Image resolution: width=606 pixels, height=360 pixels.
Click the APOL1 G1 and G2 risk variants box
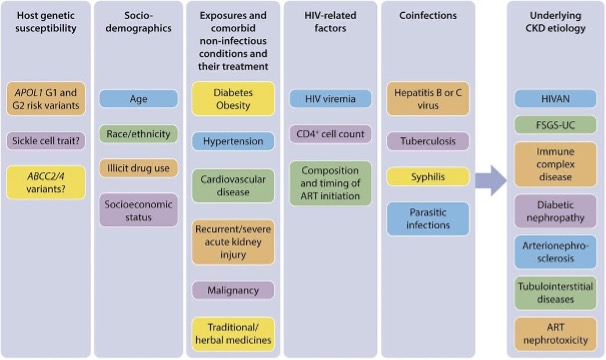46,99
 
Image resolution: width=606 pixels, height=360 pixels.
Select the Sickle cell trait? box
46,141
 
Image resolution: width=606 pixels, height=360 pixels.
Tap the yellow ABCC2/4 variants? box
46,183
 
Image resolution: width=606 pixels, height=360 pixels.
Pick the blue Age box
138,99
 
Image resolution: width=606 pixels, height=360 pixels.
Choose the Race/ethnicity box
138,134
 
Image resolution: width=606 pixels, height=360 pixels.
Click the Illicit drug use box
138,168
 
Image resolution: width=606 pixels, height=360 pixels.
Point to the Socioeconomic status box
138,210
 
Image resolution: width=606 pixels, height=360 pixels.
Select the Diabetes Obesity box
233,99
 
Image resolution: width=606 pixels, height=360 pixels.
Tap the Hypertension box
233,141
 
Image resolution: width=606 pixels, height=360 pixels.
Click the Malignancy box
233,290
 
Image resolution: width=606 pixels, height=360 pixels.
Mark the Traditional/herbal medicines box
233,334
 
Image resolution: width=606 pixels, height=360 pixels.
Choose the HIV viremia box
330,99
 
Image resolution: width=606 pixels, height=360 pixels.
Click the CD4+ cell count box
330,134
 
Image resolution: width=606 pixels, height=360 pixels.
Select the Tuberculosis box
428,141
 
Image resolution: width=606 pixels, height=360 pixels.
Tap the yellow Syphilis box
428,177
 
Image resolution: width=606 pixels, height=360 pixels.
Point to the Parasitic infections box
428,218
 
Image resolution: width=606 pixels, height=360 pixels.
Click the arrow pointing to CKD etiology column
491,180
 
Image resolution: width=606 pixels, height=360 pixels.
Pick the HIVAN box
555,99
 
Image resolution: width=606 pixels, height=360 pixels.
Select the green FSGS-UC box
555,125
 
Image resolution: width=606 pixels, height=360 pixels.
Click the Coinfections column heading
428,15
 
